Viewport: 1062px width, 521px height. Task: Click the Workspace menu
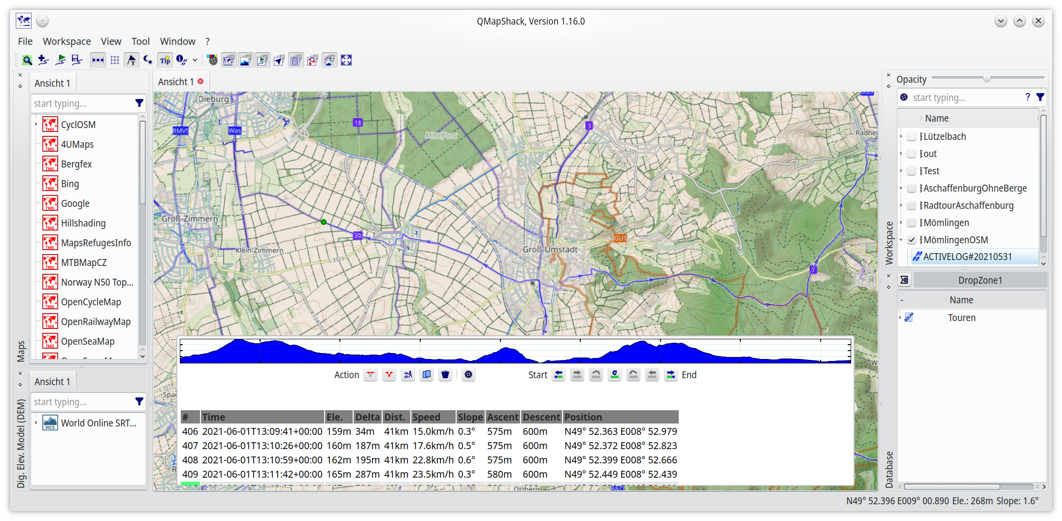click(66, 41)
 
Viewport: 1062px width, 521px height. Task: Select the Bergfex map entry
click(76, 164)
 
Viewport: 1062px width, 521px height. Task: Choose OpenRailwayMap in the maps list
click(96, 322)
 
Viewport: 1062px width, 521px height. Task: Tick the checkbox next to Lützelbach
click(912, 136)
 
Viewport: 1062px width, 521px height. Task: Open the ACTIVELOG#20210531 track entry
click(967, 257)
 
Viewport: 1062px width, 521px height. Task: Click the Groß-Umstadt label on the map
click(550, 249)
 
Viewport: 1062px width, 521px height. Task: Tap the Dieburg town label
click(213, 99)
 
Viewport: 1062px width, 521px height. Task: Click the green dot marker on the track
click(324, 222)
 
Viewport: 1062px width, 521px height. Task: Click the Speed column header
click(426, 417)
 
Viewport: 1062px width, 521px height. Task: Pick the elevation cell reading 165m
click(338, 474)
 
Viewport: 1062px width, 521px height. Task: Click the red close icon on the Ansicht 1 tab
click(200, 81)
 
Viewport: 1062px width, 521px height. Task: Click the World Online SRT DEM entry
click(99, 423)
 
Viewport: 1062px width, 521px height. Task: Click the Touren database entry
click(962, 318)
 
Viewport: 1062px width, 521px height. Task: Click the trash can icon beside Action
click(445, 375)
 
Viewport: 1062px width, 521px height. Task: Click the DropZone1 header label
click(980, 280)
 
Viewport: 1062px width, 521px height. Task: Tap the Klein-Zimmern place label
click(259, 250)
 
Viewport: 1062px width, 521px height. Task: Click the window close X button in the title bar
click(1038, 21)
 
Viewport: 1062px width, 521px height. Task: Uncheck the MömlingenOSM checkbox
click(912, 240)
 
